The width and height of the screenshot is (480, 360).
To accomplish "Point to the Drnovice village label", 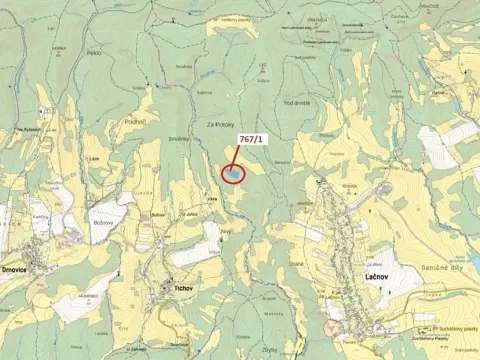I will [22, 269].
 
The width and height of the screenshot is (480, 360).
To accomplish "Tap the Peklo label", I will [94, 52].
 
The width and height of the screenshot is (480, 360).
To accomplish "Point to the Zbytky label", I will [270, 350].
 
